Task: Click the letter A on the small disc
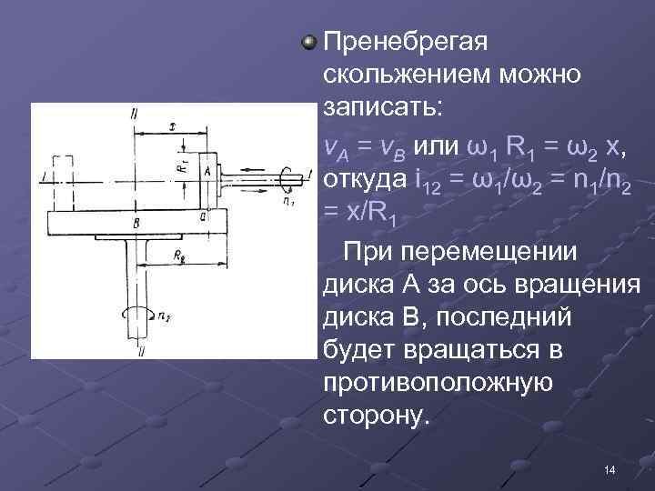point(207,170)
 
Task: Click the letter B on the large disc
point(135,221)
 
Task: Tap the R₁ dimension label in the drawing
point(182,164)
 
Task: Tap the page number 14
point(609,469)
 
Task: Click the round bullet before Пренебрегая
point(310,42)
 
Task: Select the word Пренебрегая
point(407,42)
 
